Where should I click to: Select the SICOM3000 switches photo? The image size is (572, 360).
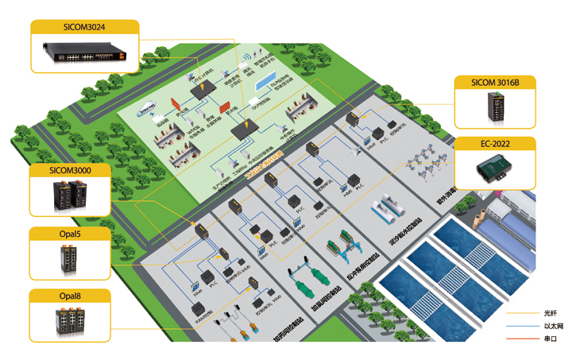71,195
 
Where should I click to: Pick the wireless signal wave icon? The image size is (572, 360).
249,58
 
